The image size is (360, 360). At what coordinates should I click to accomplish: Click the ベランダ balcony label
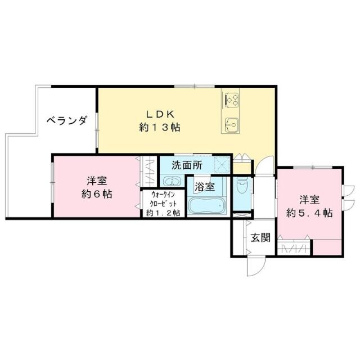[x=67, y=120]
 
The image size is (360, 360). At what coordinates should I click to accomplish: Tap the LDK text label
[x=160, y=114]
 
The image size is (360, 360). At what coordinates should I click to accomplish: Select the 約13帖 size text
[x=160, y=127]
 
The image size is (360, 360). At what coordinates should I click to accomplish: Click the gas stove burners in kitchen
[x=232, y=100]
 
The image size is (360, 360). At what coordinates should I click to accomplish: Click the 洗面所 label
[x=187, y=165]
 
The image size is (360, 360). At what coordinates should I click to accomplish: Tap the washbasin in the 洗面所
[x=172, y=181]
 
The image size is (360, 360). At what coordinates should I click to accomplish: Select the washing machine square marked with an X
[x=221, y=165]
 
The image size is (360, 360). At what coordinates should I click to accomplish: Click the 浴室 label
[x=205, y=187]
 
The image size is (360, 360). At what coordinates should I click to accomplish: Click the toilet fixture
[x=241, y=186]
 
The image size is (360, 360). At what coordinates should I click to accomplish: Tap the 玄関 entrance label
[x=260, y=237]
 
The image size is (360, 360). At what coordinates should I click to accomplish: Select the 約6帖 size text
[x=97, y=194]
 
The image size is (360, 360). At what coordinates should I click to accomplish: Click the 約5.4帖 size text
[x=309, y=213]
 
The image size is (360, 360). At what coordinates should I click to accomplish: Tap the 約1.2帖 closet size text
[x=163, y=213]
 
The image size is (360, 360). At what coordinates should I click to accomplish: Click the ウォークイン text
[x=163, y=195]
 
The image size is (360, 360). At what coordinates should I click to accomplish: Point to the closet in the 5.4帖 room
[x=294, y=247]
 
